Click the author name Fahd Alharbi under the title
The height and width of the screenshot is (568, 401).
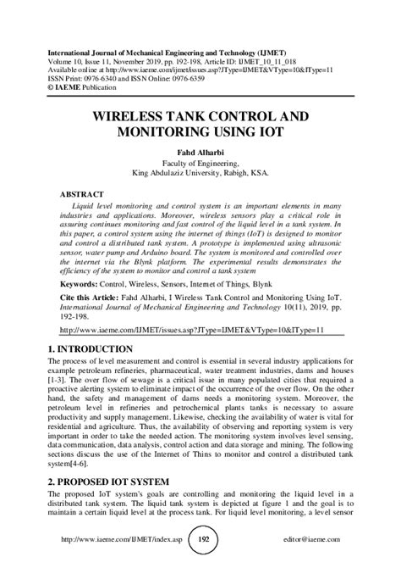point(200,153)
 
